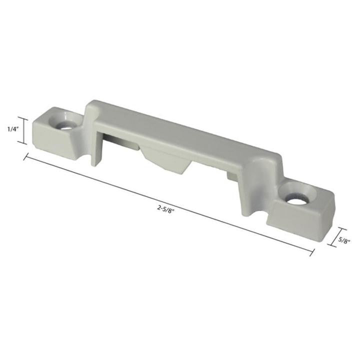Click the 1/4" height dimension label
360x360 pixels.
pos(13,128)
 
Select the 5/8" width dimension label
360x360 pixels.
pos(343,239)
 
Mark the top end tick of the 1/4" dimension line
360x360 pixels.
pos(22,114)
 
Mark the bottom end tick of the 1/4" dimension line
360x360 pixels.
pos(22,143)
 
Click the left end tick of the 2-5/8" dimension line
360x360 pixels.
pos(25,157)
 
